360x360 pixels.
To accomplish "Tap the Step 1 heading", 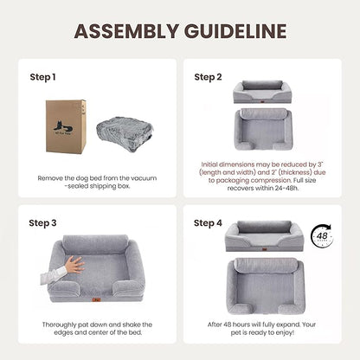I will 42,77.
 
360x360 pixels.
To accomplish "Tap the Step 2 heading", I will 208,77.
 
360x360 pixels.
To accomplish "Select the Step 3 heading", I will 42,222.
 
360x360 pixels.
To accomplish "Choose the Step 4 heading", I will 208,222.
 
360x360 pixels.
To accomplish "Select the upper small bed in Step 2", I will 262,91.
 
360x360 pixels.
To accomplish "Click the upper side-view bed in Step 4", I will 263,235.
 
